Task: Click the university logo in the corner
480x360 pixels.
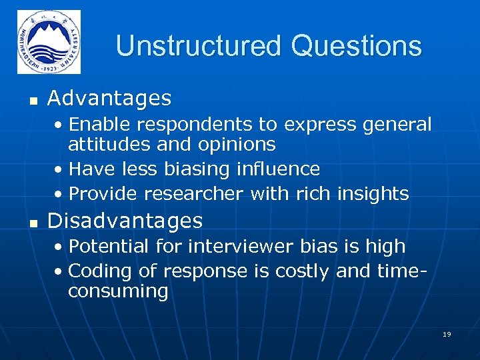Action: pyautogui.click(x=49, y=41)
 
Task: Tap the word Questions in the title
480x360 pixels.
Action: pyautogui.click(x=356, y=47)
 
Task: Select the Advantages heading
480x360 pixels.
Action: pyautogui.click(x=109, y=99)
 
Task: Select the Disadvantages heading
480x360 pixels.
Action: pyautogui.click(x=125, y=220)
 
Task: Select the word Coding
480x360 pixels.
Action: pyautogui.click(x=99, y=272)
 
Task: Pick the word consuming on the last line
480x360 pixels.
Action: pyautogui.click(x=118, y=291)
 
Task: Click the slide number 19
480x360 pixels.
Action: pyautogui.click(x=447, y=334)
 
